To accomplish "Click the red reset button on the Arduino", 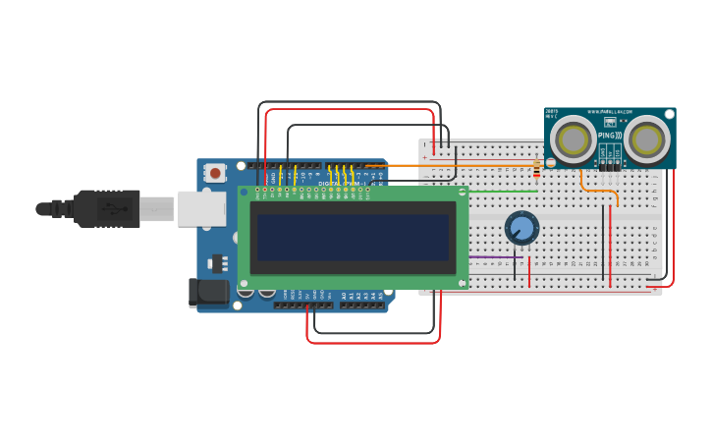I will click(214, 173).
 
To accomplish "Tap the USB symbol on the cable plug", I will click(117, 208).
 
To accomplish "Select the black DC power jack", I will click(207, 292).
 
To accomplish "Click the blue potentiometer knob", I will click(521, 228).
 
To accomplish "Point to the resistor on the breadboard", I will click(536, 171).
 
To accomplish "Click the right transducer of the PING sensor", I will click(647, 139).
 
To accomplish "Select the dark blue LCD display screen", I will click(353, 237).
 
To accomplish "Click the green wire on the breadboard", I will click(501, 191).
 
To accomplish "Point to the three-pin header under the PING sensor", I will click(610, 166).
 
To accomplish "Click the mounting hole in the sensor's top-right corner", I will click(669, 115).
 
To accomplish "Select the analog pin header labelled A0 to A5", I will click(361, 305).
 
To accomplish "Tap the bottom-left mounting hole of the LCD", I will click(244, 283).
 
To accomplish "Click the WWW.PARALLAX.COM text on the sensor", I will click(609, 112).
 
